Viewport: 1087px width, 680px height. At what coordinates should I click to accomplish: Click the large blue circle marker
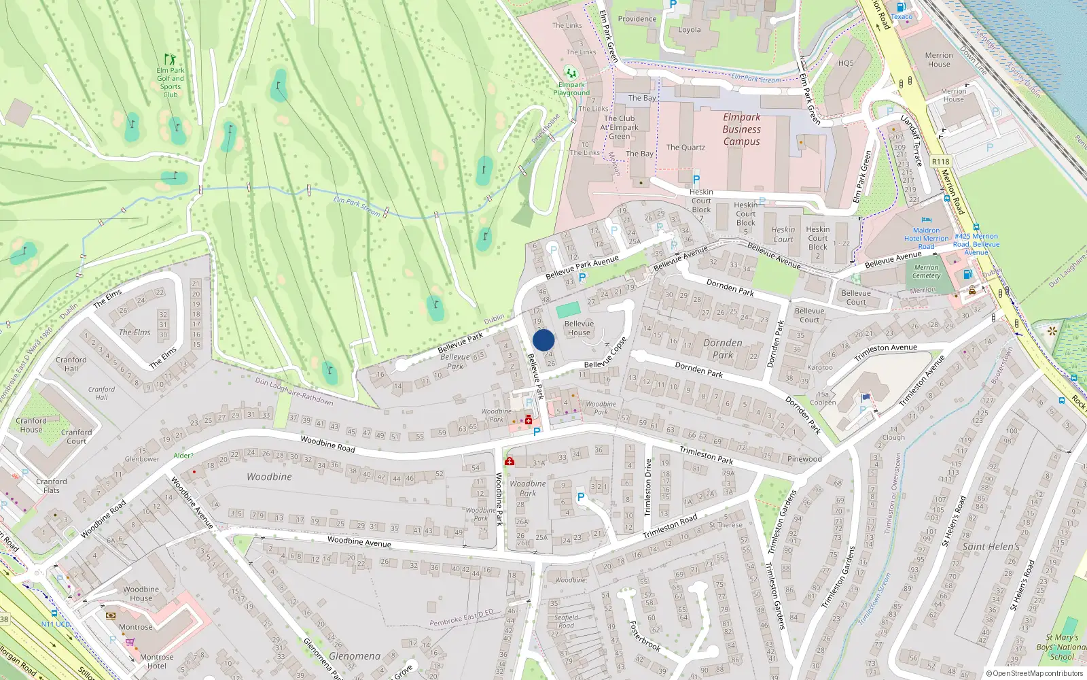click(x=543, y=340)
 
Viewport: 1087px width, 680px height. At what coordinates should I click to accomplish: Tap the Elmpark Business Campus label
click(x=741, y=129)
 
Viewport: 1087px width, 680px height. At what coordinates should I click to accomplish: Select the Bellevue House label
click(x=579, y=328)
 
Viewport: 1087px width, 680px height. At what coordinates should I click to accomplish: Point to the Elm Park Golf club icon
click(x=169, y=59)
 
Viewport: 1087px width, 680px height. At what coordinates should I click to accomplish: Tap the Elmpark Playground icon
click(x=571, y=72)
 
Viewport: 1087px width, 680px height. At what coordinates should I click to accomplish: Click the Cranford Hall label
click(x=71, y=364)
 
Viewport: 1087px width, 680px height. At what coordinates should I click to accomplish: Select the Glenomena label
click(x=355, y=656)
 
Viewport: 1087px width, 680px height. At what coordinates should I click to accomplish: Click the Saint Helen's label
click(x=991, y=546)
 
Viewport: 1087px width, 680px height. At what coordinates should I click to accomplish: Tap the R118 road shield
click(x=940, y=162)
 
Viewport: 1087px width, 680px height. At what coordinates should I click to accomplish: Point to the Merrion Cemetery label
click(x=926, y=271)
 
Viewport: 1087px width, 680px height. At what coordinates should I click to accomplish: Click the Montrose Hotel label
click(x=156, y=661)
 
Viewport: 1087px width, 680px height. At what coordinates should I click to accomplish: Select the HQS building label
click(x=846, y=63)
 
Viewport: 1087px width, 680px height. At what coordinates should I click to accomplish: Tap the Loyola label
click(x=689, y=30)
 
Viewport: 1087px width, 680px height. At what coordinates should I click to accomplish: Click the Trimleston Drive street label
click(x=647, y=487)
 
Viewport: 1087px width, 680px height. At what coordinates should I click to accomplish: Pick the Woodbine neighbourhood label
click(x=269, y=477)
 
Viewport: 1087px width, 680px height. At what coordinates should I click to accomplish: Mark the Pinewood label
click(x=804, y=459)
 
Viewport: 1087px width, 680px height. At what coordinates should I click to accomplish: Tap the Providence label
click(x=637, y=19)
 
